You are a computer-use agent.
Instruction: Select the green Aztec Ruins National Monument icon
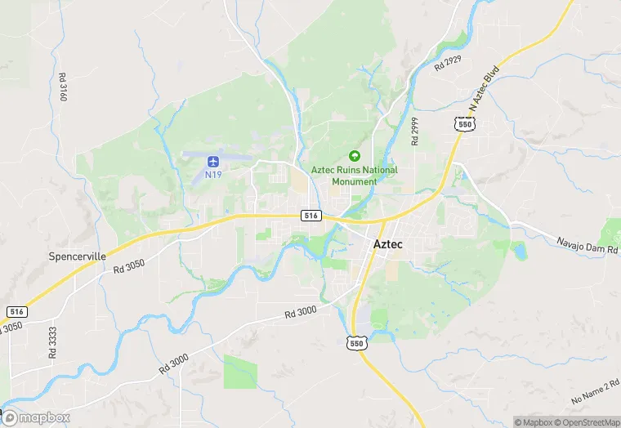(x=355, y=155)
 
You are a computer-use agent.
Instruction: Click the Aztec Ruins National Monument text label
(x=355, y=176)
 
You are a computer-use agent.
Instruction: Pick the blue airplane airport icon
(x=213, y=159)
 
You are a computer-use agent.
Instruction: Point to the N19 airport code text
(x=213, y=173)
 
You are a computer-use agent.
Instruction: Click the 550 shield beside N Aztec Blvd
(x=465, y=123)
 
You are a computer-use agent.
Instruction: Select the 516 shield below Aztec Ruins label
(x=310, y=215)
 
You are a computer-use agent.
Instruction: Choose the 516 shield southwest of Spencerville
(x=17, y=312)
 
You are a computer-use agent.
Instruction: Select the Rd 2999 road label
(x=415, y=130)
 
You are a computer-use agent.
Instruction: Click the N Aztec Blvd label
(x=482, y=89)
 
